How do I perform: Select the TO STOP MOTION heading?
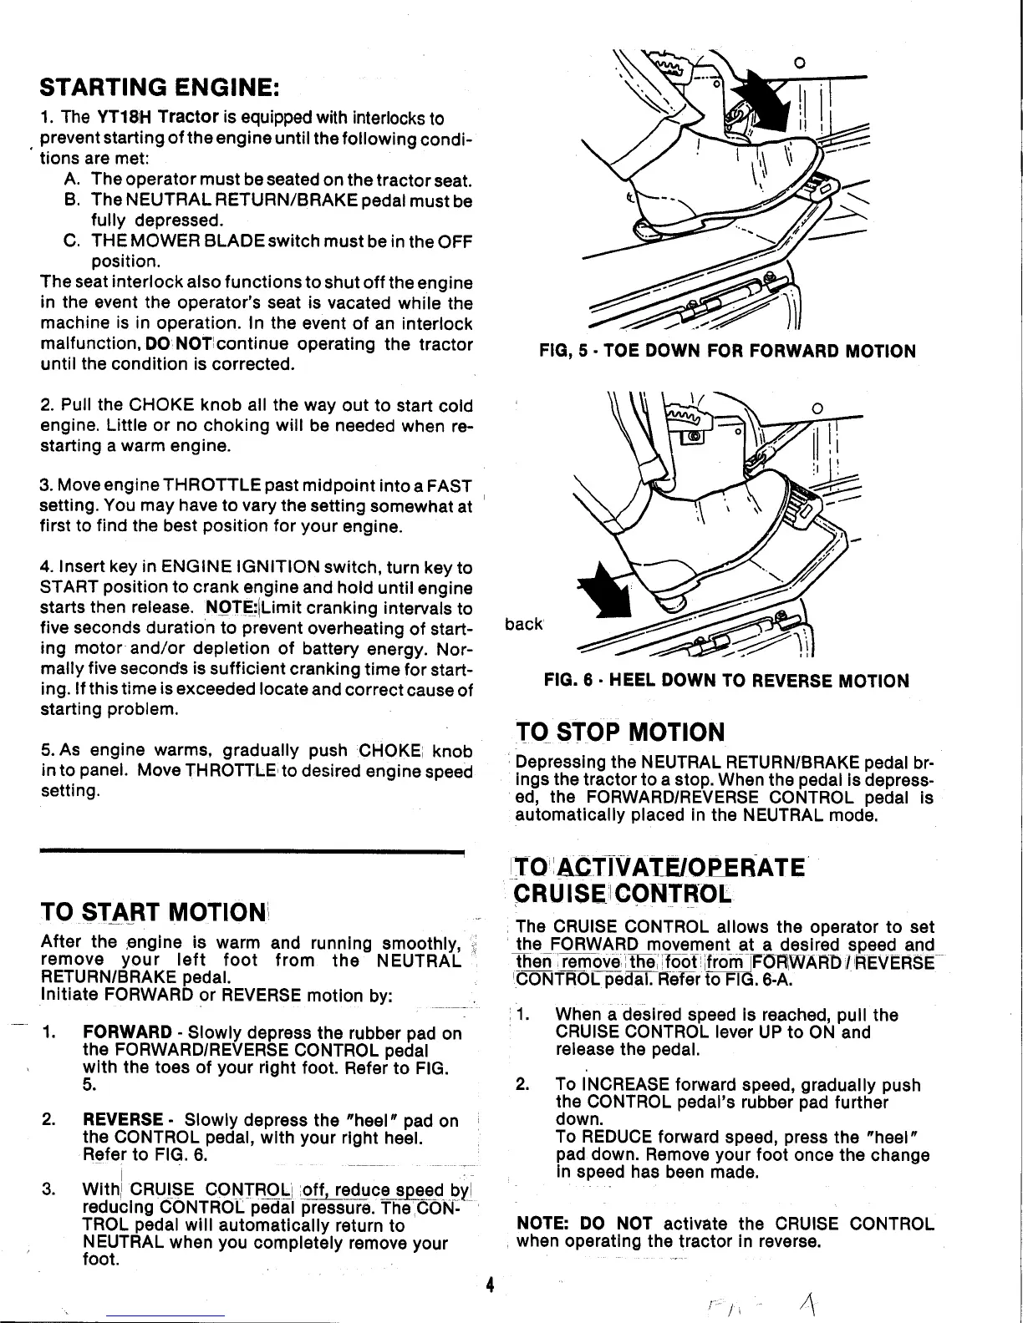[619, 732]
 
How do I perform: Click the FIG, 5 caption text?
[727, 351]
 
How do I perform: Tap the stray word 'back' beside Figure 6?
[524, 624]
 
